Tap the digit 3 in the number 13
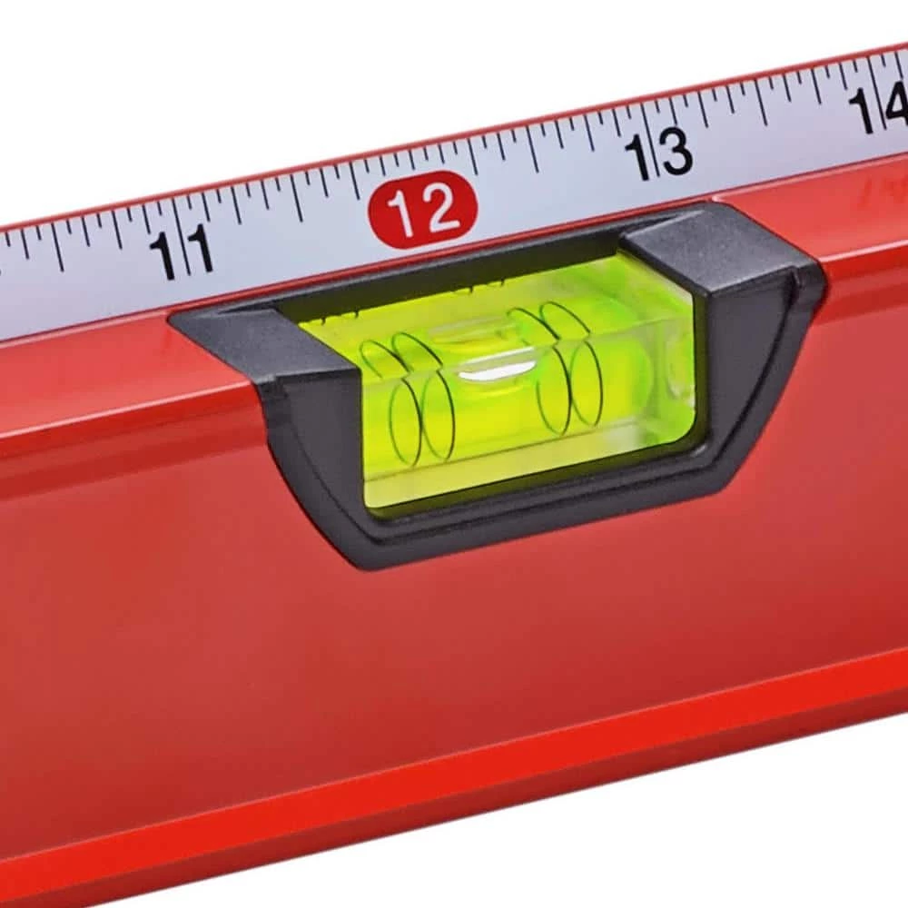click(676, 151)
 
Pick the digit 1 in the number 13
click(641, 157)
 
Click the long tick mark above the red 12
click(471, 155)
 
